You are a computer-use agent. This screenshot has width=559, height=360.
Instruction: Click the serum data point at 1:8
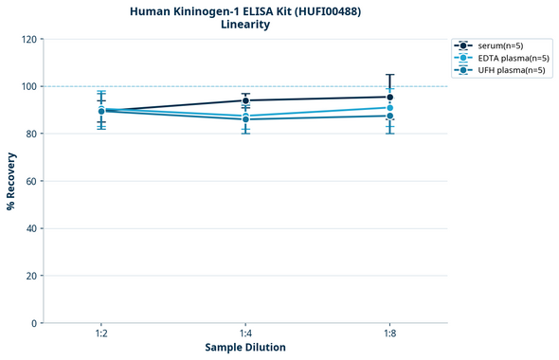(389, 97)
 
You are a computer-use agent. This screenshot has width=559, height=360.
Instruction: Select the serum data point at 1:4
(245, 100)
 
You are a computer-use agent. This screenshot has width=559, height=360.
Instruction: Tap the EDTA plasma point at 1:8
(389, 107)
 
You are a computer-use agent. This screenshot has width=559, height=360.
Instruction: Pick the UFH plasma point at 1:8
(389, 116)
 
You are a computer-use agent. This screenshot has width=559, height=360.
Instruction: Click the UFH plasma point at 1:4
(245, 119)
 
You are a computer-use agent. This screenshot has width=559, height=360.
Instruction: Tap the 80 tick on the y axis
(32, 134)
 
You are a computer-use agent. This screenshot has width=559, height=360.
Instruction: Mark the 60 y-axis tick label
(32, 181)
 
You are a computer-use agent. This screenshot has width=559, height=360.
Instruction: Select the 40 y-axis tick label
(32, 228)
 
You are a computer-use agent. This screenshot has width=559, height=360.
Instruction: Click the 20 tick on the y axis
(32, 276)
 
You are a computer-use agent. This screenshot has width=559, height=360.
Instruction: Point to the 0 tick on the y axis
(35, 323)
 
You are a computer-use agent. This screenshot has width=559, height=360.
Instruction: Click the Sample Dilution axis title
(245, 348)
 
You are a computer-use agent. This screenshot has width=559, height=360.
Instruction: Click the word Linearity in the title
(245, 25)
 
